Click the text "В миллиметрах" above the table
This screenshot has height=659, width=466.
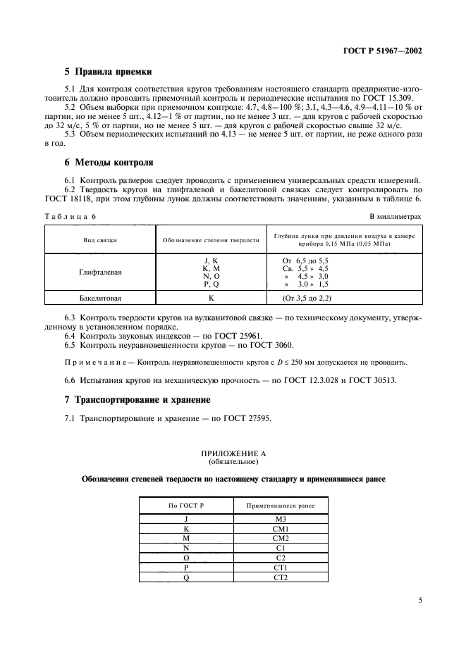[x=396, y=218]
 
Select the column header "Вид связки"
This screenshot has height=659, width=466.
[x=99, y=240]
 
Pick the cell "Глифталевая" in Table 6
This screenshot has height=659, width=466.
[x=99, y=272]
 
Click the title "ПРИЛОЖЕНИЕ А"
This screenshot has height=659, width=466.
[x=233, y=455]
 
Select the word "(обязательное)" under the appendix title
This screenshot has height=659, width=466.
[x=233, y=463]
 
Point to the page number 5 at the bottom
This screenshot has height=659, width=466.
[x=420, y=601]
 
